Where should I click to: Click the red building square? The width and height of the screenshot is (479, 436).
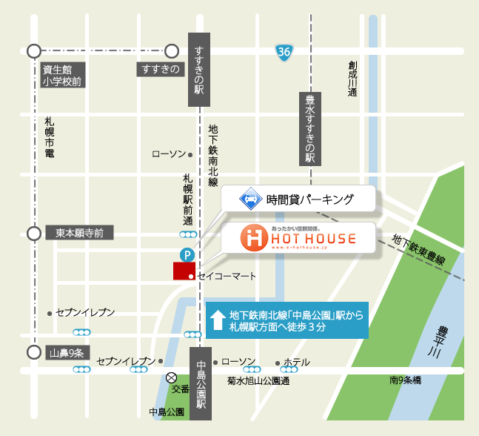[x=184, y=271]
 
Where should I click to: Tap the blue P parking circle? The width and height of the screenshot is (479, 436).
[x=189, y=254]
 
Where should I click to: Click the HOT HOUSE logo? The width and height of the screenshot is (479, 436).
[x=299, y=238]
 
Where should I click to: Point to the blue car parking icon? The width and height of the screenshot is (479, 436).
[x=250, y=199]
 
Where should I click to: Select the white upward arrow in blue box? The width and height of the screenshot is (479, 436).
[x=218, y=320]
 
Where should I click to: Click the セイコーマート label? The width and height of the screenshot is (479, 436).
[x=227, y=276]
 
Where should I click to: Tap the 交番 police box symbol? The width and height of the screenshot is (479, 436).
[x=172, y=377]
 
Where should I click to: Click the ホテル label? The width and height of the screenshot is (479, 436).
[x=296, y=363]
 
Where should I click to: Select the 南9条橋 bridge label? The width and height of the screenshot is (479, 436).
[x=405, y=380]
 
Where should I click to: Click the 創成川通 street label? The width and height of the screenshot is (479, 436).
[x=352, y=78]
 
